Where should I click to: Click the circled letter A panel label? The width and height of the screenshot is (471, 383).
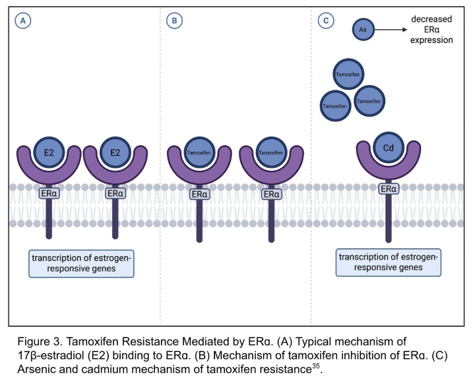(24, 21)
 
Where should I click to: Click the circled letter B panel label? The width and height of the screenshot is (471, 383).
(174, 21)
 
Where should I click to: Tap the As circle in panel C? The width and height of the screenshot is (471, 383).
(362, 30)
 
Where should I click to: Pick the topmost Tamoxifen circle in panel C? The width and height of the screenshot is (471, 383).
(348, 75)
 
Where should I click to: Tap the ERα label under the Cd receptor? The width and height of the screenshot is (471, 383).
(388, 190)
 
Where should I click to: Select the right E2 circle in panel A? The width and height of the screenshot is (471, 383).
(115, 152)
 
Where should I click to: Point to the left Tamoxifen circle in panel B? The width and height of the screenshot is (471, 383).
(199, 152)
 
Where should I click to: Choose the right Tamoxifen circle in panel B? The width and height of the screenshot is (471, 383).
(270, 152)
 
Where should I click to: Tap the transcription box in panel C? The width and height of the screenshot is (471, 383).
(389, 261)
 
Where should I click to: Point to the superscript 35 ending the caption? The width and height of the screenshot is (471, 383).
(317, 366)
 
